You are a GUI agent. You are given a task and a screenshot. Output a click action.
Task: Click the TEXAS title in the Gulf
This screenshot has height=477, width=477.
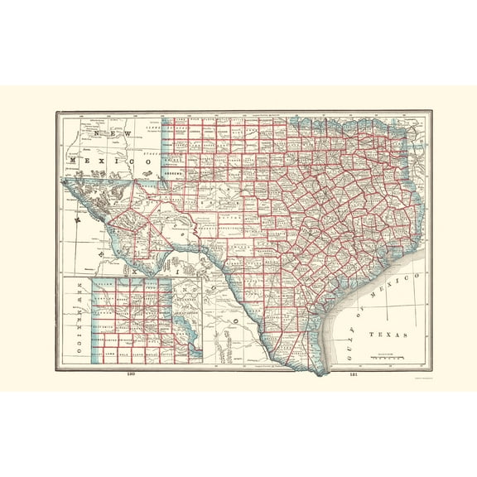point(388,335)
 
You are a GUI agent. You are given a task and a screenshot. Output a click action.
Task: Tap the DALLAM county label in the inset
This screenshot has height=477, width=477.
point(104,285)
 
